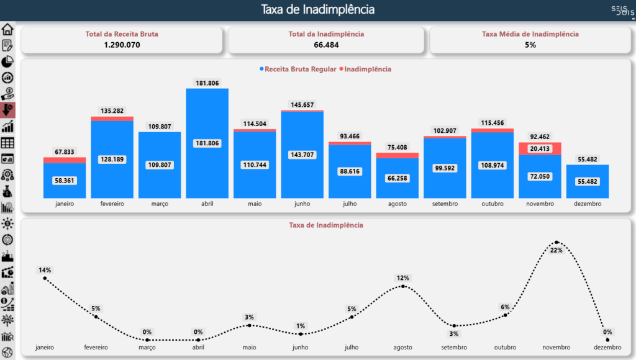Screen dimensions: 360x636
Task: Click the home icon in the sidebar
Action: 7,29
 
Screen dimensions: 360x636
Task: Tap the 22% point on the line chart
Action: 556,242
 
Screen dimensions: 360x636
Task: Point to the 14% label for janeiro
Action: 45,270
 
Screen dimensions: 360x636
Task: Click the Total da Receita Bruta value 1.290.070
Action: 122,45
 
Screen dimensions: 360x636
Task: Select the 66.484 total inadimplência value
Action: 326,45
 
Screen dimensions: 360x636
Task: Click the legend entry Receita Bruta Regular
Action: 300,69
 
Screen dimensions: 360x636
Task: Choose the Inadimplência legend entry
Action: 367,69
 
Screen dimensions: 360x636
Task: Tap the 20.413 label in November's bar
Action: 540,149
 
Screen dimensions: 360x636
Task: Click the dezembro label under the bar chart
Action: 588,204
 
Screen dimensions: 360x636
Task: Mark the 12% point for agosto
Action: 403,286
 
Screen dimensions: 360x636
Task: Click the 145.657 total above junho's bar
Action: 302,105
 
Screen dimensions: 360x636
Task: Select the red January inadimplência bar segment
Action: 65,160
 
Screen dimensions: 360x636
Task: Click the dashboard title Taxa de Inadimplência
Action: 317,9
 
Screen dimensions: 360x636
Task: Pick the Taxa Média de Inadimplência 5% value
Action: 530,45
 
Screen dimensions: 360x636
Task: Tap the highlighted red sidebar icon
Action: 7,110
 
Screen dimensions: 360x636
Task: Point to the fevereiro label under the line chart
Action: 96,347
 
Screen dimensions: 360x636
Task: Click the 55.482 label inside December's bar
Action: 588,181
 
